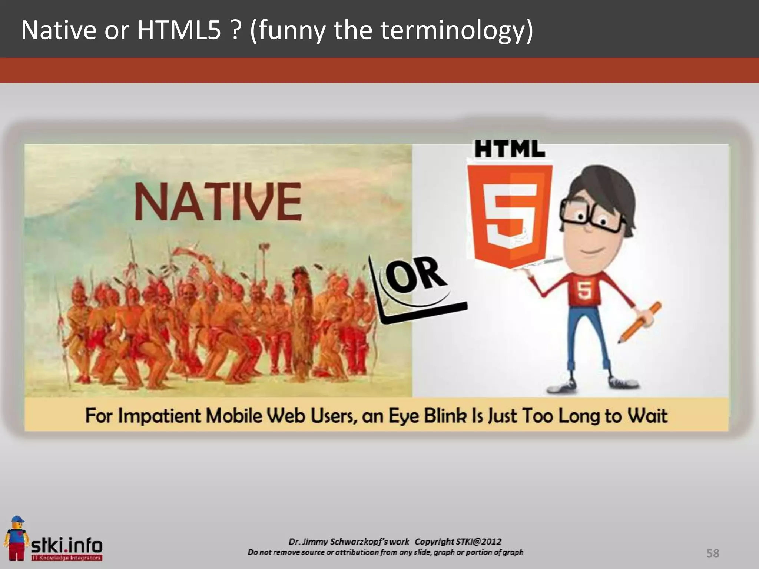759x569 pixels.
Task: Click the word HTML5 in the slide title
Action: pyautogui.click(x=179, y=30)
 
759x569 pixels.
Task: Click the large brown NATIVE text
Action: pyautogui.click(x=218, y=202)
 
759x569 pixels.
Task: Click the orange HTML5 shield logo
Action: pyautogui.click(x=510, y=215)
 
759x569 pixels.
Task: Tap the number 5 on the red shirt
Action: pyautogui.click(x=584, y=290)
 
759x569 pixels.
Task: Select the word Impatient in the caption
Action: pyautogui.click(x=160, y=416)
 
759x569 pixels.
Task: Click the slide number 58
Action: pyautogui.click(x=713, y=553)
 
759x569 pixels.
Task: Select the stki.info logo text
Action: pyautogui.click(x=67, y=545)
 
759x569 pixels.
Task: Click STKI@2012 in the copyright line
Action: pyautogui.click(x=478, y=542)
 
